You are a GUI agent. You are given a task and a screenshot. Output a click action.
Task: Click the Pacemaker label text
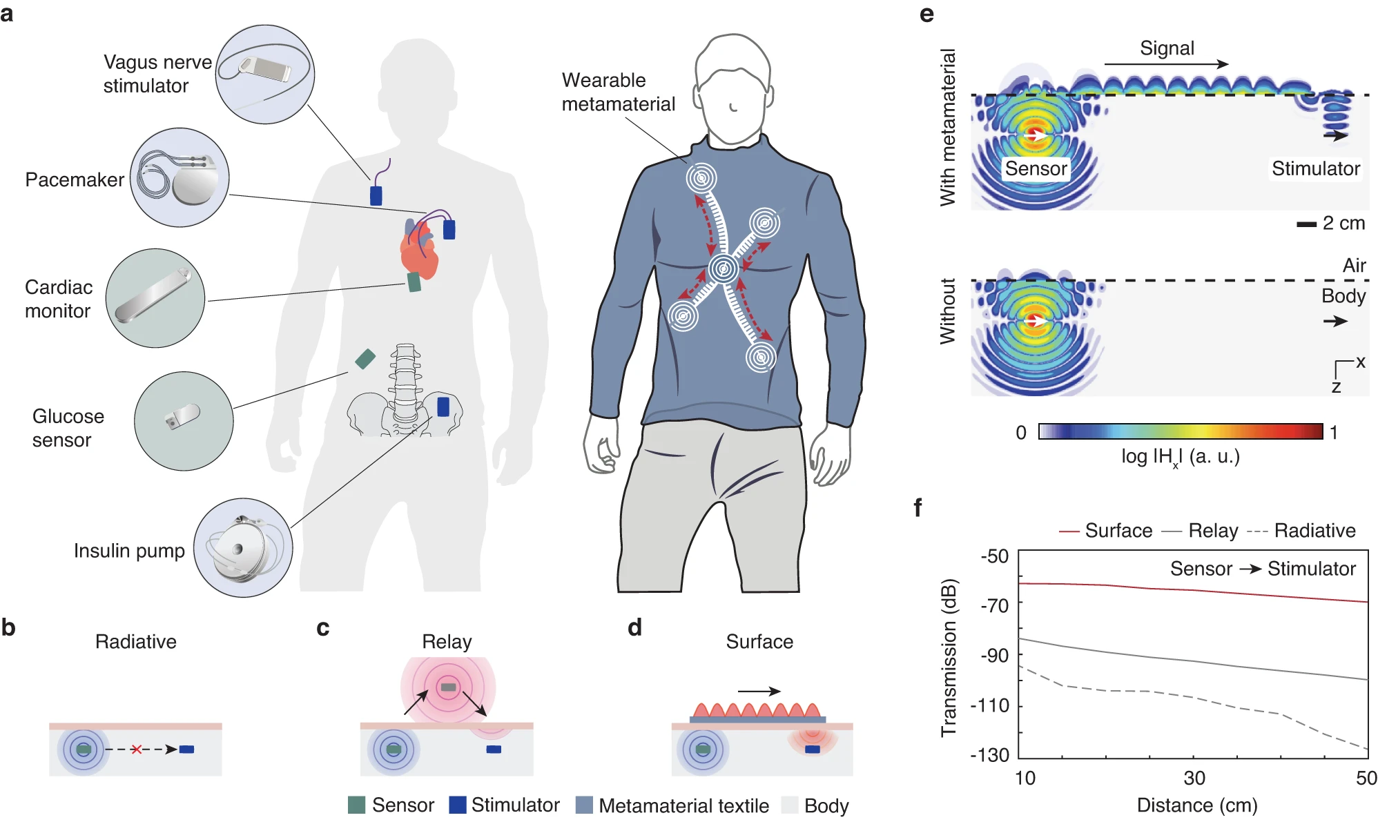(75, 179)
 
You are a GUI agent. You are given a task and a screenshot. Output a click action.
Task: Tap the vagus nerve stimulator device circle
(265, 75)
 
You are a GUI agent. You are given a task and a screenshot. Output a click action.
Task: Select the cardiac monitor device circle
(155, 298)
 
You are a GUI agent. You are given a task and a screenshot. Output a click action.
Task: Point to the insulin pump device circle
(243, 548)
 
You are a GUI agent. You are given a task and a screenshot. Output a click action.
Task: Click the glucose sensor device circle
(184, 421)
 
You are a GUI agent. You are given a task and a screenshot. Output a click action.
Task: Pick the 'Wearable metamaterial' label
(618, 92)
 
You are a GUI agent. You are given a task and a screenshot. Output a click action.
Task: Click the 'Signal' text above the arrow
(1167, 48)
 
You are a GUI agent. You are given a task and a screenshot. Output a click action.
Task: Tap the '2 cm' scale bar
(1306, 224)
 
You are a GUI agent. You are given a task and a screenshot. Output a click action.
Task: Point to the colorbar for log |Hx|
(1181, 431)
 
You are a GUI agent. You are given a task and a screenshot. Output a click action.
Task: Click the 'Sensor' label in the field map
(1036, 168)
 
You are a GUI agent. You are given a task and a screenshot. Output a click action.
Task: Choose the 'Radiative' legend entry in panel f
(1314, 531)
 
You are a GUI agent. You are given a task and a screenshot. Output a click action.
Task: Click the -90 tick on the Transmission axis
(994, 655)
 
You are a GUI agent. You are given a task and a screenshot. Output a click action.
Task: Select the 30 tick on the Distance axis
(1194, 779)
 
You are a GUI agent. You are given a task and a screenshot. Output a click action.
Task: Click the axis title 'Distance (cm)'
(1197, 805)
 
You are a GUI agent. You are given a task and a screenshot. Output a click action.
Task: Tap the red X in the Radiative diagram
(137, 750)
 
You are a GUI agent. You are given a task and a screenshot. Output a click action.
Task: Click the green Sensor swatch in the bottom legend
(356, 805)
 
